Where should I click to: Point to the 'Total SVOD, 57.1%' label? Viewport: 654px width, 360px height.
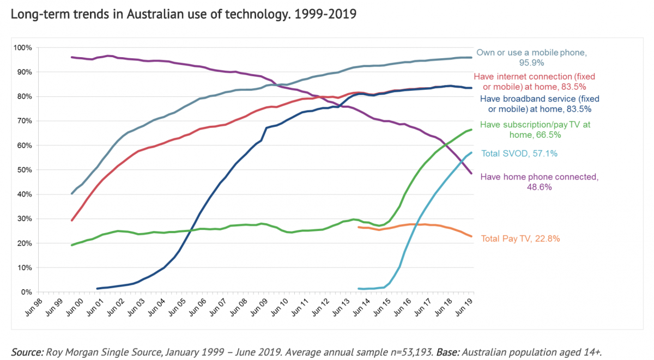pos(519,154)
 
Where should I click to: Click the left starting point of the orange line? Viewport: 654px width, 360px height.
pos(358,227)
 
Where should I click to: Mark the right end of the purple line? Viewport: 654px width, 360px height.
pos(471,173)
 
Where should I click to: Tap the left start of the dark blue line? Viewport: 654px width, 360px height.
pos(97,289)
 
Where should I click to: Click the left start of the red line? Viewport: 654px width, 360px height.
pos(72,220)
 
